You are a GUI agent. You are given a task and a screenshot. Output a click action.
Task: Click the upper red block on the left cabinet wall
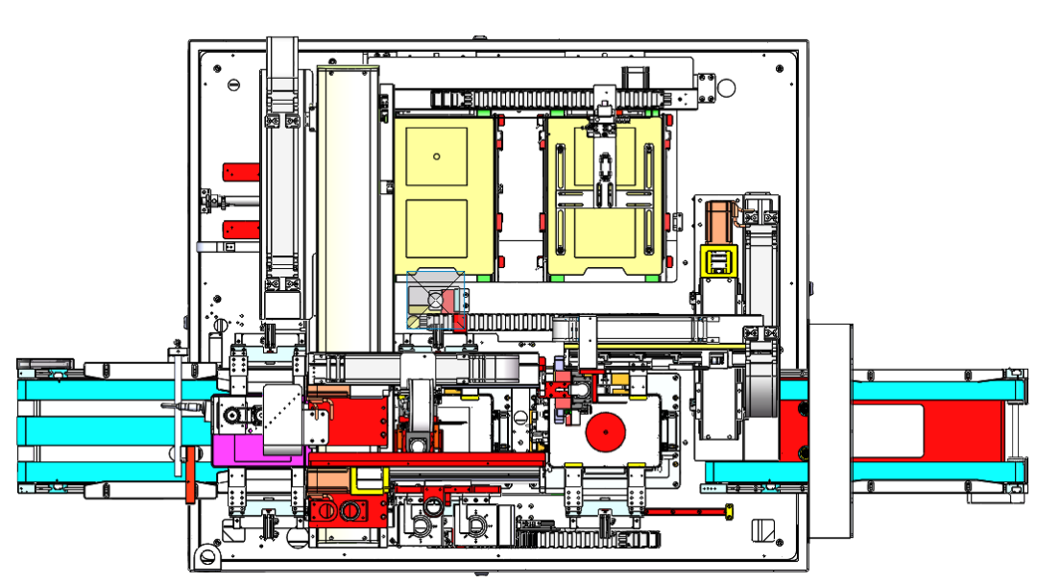(241, 171)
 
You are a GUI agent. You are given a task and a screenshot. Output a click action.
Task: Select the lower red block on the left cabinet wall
(241, 229)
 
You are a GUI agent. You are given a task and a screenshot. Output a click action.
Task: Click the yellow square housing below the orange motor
(717, 260)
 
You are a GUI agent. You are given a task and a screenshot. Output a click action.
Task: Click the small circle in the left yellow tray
(436, 156)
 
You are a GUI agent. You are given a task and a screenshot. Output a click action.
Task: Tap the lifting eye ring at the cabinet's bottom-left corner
(204, 556)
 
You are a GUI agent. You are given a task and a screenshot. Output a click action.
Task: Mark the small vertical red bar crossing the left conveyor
(191, 474)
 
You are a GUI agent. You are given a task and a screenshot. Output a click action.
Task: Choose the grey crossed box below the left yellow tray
(437, 300)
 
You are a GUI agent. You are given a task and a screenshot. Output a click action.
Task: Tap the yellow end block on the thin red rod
(728, 511)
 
